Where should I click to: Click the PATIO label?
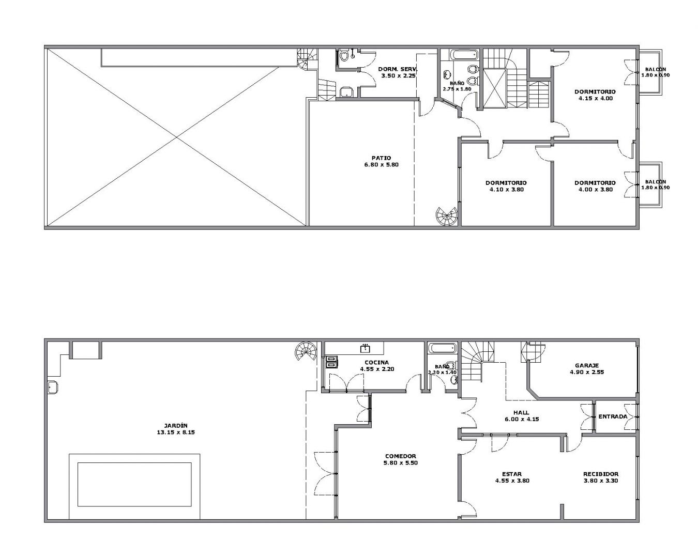pyautogui.click(x=381, y=158)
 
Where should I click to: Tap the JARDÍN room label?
pyautogui.click(x=175, y=426)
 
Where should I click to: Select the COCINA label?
pyautogui.click(x=376, y=363)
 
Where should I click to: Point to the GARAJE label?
pyautogui.click(x=587, y=366)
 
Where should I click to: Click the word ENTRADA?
pyautogui.click(x=613, y=416)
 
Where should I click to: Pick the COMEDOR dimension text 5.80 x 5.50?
pyautogui.click(x=401, y=463)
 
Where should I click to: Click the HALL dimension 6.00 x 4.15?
pyautogui.click(x=522, y=419)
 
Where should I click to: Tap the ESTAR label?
pyautogui.click(x=512, y=474)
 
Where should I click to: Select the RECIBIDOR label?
pyautogui.click(x=601, y=474)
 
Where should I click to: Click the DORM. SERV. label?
pyautogui.click(x=398, y=69)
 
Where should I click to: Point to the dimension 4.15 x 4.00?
pyautogui.click(x=596, y=98)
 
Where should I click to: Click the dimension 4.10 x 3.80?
pyautogui.click(x=506, y=189)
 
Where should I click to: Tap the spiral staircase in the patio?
pyautogui.click(x=447, y=216)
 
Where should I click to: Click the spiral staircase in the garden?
pyautogui.click(x=306, y=351)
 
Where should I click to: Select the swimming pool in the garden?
pyautogui.click(x=134, y=485)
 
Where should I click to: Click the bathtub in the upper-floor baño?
pyautogui.click(x=464, y=55)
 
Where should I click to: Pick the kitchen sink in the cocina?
pyautogui.click(x=366, y=349)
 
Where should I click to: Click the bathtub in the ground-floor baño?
pyautogui.click(x=443, y=349)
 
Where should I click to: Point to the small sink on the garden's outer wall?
pyautogui.click(x=53, y=388)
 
